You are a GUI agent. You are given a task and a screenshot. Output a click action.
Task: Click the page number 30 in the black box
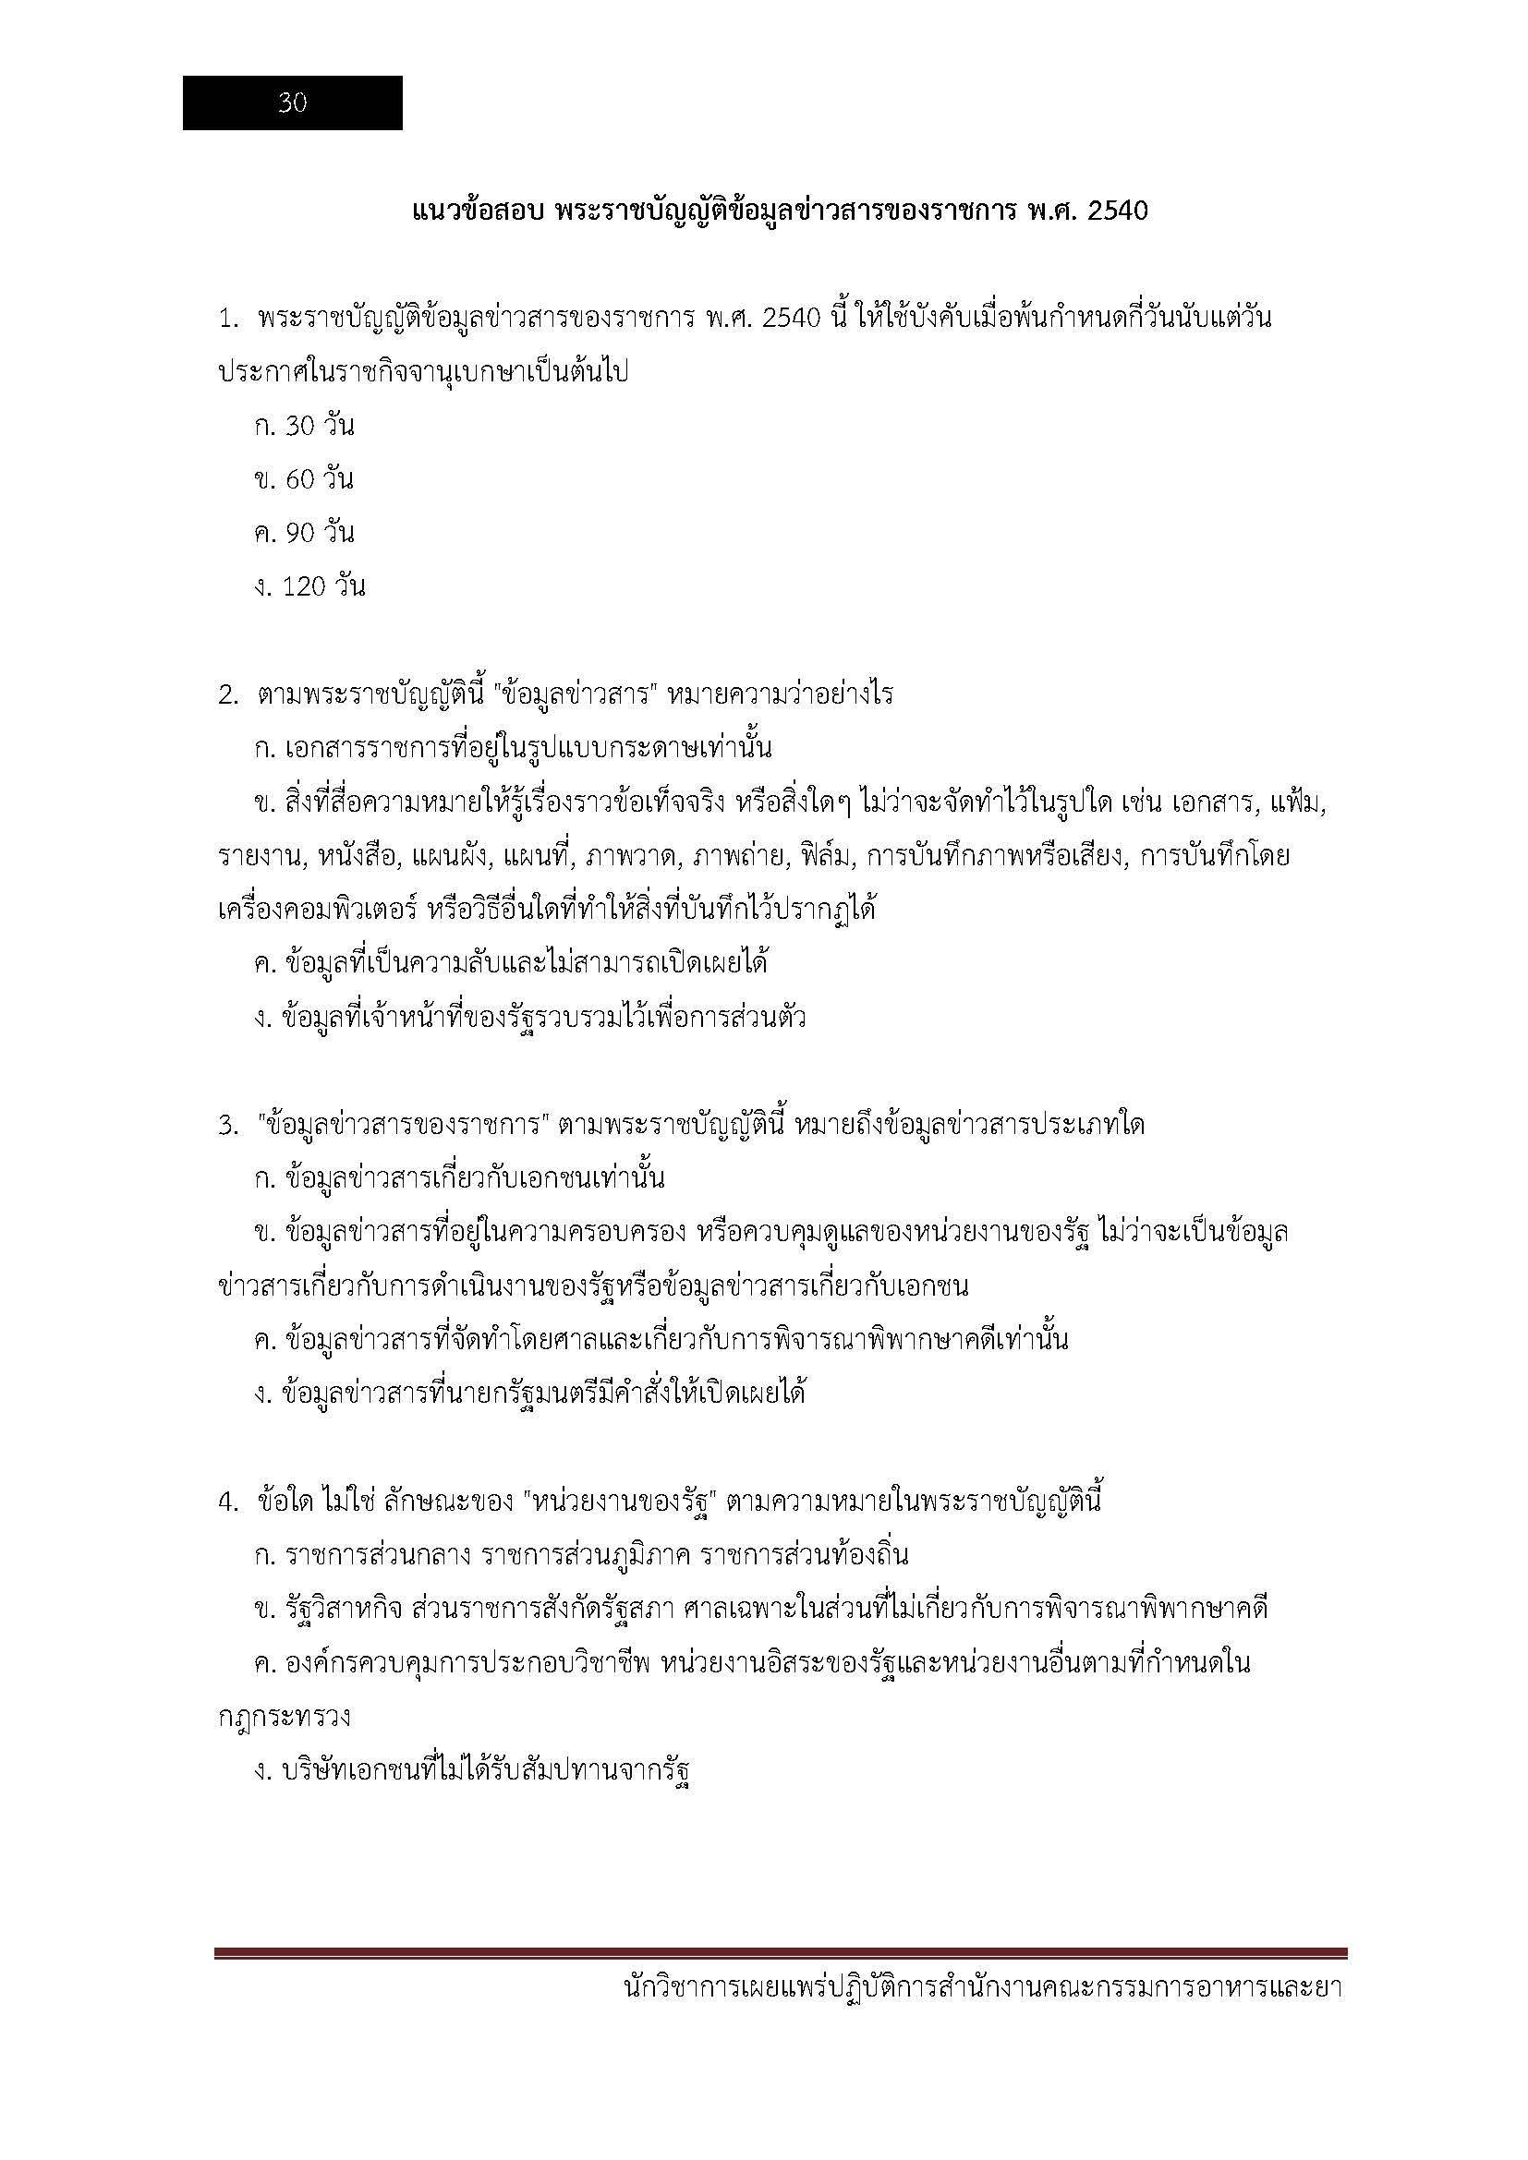[293, 103]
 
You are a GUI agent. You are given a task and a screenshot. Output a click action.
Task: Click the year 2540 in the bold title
[1117, 211]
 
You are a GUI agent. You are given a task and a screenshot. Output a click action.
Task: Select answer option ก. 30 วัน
[304, 426]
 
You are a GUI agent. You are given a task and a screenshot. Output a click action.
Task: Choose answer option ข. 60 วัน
[304, 480]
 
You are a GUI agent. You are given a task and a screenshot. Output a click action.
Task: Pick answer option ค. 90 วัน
[304, 534]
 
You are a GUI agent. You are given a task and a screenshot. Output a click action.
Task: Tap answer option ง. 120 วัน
[309, 587]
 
